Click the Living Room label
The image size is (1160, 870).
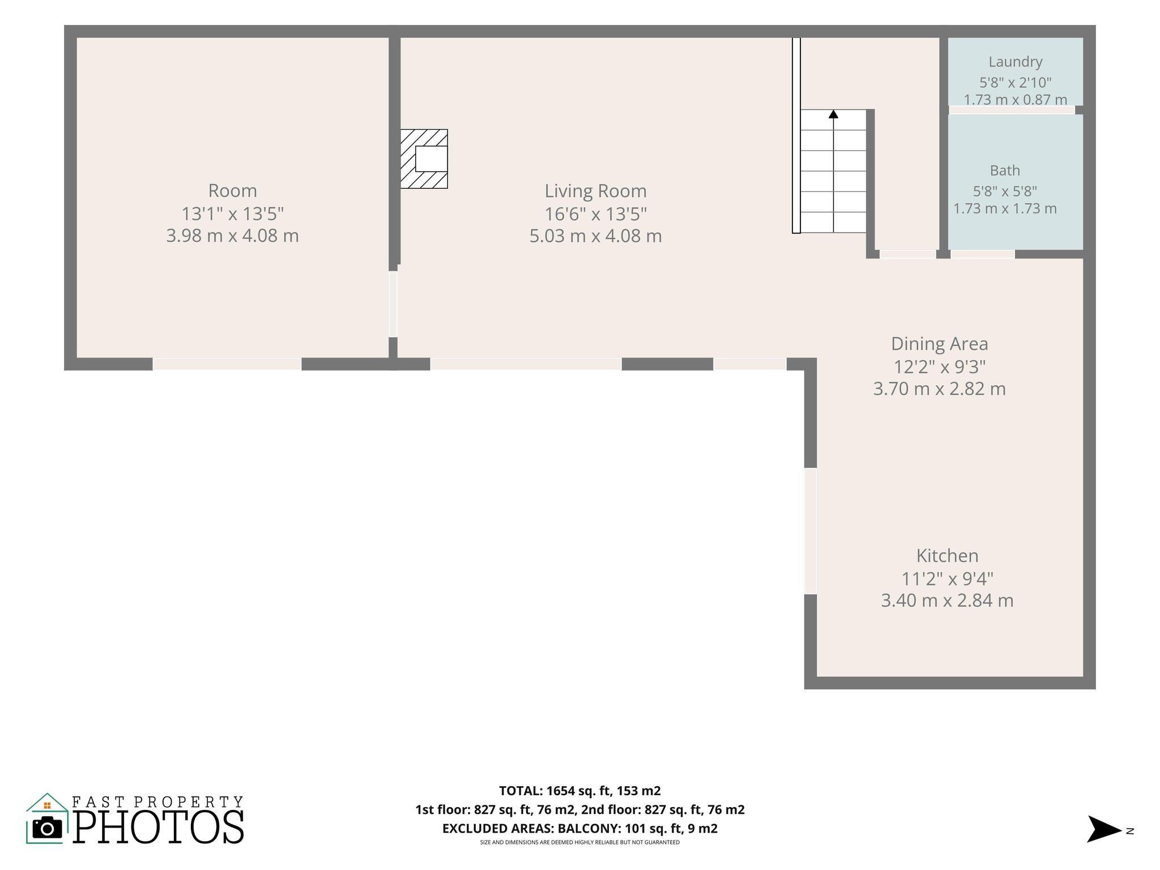click(595, 191)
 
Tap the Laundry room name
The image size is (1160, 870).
click(1016, 62)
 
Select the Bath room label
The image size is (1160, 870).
click(1005, 170)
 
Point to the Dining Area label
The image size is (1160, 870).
click(939, 344)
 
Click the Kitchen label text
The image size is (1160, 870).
click(948, 556)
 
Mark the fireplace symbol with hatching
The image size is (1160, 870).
click(424, 159)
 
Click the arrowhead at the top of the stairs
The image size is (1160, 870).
click(833, 114)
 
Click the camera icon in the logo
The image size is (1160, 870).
click(47, 829)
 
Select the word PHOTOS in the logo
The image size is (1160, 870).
click(159, 827)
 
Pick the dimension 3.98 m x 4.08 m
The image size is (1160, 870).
click(232, 236)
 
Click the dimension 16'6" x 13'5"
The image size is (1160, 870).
click(595, 214)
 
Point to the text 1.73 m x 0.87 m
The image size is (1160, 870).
click(1016, 100)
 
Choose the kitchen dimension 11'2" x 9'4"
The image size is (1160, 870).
click(948, 579)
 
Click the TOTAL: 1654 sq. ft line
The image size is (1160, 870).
click(580, 791)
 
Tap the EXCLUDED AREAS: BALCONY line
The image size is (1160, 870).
click(580, 829)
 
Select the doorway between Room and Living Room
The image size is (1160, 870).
click(393, 304)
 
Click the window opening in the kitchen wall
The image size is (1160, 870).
click(811, 531)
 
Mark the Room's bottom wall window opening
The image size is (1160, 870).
click(227, 364)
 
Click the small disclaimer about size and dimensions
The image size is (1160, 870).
click(580, 843)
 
